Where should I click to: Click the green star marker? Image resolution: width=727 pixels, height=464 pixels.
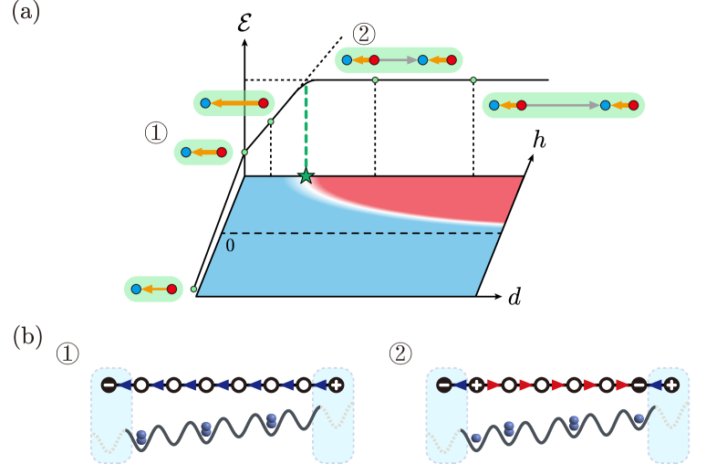(306, 176)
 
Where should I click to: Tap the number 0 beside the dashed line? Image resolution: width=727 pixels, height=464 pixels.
(230, 246)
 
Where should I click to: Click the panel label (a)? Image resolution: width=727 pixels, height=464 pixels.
(25, 13)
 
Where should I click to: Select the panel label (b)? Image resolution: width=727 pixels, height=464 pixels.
(27, 337)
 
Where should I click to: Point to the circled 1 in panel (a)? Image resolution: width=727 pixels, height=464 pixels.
(156, 133)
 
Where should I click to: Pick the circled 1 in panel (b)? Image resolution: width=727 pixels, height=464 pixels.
(68, 353)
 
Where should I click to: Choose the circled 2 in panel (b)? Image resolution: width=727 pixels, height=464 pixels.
(400, 353)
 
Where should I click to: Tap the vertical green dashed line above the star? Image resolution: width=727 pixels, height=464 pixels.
(306, 128)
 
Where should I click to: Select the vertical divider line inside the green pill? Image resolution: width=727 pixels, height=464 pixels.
(244, 103)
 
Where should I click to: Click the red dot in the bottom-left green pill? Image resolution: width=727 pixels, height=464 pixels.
(171, 289)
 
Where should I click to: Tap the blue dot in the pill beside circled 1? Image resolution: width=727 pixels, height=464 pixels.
(186, 153)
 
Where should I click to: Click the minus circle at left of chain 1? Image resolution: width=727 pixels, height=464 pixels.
(109, 385)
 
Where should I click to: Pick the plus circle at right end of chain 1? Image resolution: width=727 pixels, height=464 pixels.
(336, 385)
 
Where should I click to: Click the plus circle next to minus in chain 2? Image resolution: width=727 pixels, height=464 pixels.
(476, 385)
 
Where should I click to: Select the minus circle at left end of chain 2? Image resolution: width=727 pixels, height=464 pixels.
(444, 385)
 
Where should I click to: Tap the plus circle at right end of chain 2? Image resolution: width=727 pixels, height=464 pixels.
(671, 385)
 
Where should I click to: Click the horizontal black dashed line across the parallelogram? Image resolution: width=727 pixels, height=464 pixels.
(365, 233)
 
